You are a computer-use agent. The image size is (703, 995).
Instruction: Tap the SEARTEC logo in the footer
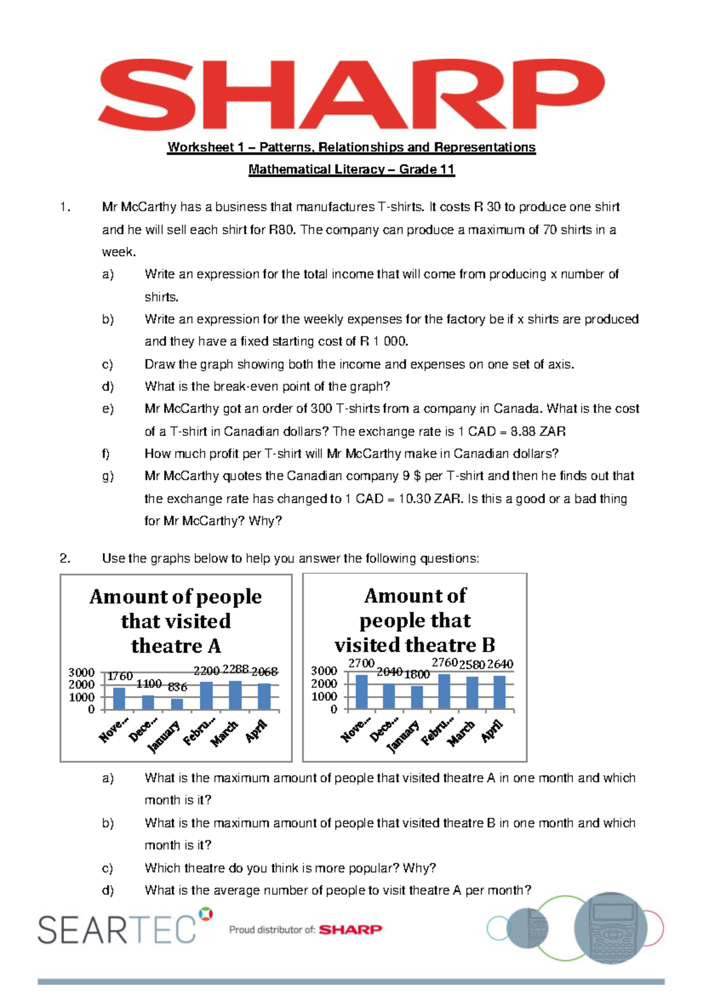[117, 929]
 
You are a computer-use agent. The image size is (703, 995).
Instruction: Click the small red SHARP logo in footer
[350, 929]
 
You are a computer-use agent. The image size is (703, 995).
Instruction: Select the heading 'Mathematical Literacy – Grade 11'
[351, 170]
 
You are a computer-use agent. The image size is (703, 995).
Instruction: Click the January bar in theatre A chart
[177, 704]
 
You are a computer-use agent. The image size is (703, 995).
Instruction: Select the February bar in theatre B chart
[444, 692]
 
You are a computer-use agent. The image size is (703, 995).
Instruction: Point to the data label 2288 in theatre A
[236, 669]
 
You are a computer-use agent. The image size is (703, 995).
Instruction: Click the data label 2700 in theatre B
[361, 663]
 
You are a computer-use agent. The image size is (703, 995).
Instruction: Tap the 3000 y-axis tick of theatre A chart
[81, 672]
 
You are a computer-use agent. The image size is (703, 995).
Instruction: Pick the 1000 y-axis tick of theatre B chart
[323, 697]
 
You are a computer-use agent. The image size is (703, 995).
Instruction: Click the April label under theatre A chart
[257, 731]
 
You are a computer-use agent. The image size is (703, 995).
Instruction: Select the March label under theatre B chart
[462, 732]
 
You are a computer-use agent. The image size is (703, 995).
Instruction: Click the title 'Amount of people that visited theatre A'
[176, 621]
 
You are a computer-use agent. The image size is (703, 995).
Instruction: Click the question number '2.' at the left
[65, 558]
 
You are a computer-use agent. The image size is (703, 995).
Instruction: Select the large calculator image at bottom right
[610, 928]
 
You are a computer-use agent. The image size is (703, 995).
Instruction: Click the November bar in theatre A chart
[119, 698]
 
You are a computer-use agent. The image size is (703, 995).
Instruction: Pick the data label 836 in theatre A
[178, 687]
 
